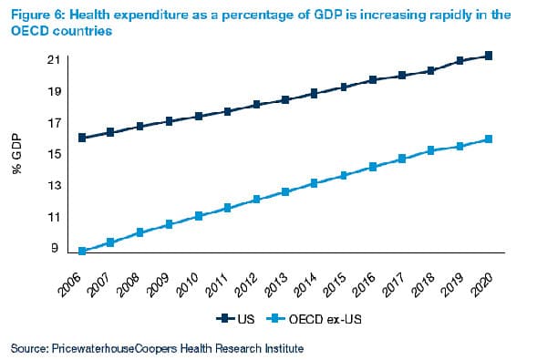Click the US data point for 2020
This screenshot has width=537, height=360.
(490, 56)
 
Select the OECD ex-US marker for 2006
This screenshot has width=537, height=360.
(82, 251)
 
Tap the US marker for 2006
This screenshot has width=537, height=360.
(82, 138)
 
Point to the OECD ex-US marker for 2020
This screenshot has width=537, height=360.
(490, 139)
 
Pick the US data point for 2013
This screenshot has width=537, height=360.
(285, 99)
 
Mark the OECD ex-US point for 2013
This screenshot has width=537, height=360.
(285, 191)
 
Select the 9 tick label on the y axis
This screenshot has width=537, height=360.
(57, 248)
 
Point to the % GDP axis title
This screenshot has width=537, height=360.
(20, 156)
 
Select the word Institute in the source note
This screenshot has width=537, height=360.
(281, 348)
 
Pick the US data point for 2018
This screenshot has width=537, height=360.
(431, 70)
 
